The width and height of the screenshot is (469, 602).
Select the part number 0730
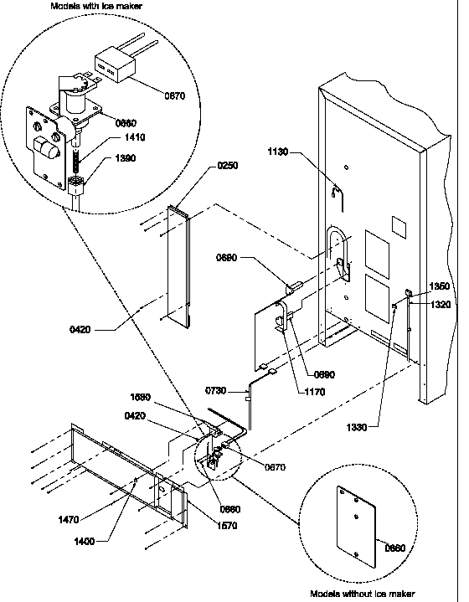[x=217, y=391]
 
